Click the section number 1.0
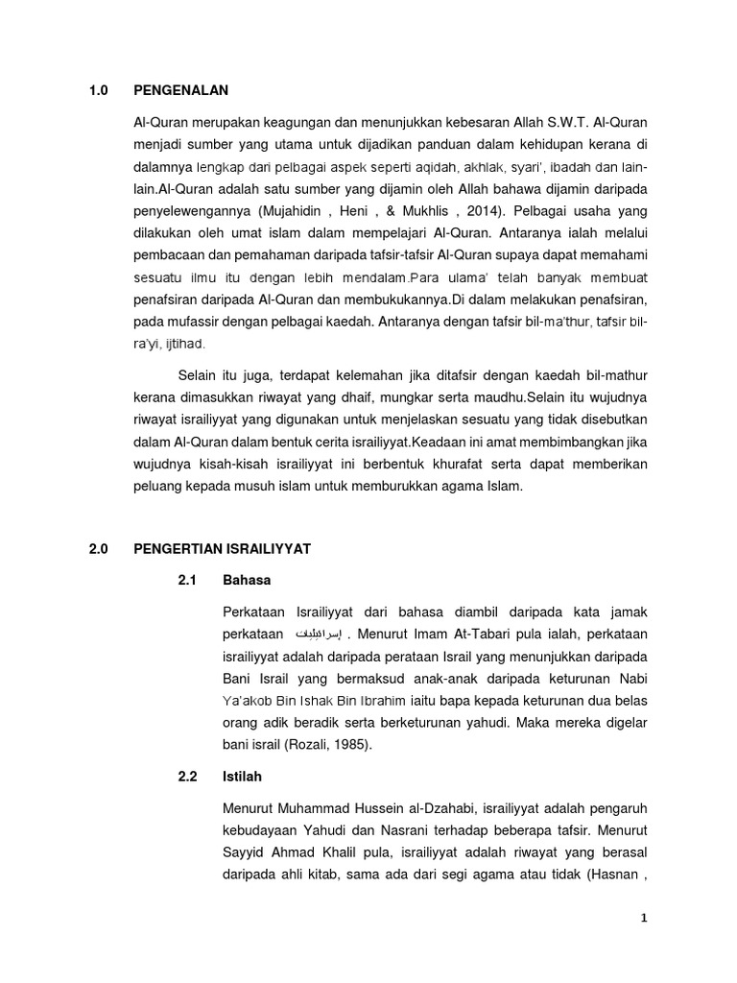click(x=100, y=91)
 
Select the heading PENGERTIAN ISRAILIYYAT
click(x=223, y=549)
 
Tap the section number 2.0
click(x=100, y=549)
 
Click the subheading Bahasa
click(x=247, y=580)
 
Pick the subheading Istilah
click(x=243, y=776)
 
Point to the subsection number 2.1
click(x=188, y=580)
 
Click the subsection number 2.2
click(x=188, y=776)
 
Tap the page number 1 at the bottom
click(x=645, y=918)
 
